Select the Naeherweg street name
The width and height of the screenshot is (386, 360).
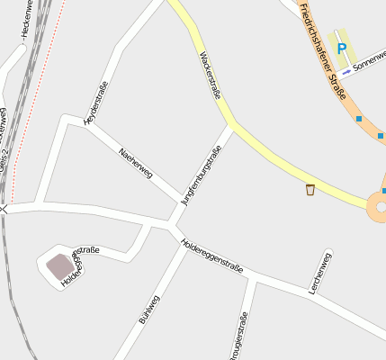click(136, 163)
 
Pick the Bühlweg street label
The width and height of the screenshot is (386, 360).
click(148, 309)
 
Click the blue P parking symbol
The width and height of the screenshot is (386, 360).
click(341, 49)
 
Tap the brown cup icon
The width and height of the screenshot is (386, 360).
click(310, 190)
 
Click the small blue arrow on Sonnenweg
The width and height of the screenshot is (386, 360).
click(347, 71)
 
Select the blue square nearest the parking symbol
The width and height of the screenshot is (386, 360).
click(359, 119)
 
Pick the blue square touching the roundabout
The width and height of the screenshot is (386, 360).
click(384, 191)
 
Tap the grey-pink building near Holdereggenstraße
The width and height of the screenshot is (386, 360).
click(60, 266)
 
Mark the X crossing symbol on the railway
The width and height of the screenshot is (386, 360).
click(4, 209)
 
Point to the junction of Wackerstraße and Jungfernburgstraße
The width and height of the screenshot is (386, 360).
click(232, 126)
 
